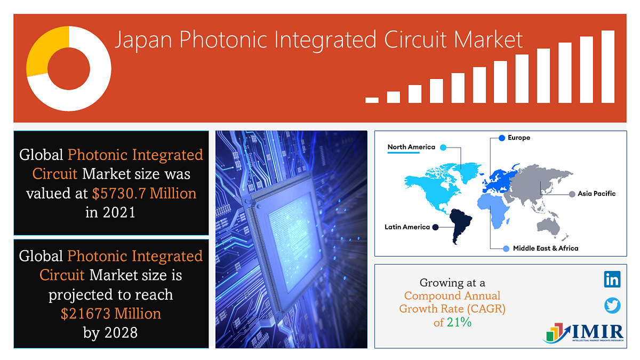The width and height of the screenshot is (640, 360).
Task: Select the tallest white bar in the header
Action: [607, 67]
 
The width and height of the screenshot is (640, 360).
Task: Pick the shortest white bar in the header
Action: [372, 100]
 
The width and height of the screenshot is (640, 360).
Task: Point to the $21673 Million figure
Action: [111, 314]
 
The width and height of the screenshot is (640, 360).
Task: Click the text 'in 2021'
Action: [110, 212]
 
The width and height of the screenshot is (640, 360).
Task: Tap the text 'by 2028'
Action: [110, 333]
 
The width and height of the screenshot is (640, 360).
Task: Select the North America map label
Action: [411, 147]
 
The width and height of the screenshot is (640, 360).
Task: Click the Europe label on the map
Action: [519, 138]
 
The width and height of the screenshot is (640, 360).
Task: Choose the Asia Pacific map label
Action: [596, 194]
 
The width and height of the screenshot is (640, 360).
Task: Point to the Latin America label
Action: [407, 227]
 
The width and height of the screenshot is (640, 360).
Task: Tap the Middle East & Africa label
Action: [545, 248]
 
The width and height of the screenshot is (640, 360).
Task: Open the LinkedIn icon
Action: [612, 279]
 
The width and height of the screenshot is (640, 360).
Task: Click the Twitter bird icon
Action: [612, 305]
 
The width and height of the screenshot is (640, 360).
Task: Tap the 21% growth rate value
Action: [462, 322]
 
